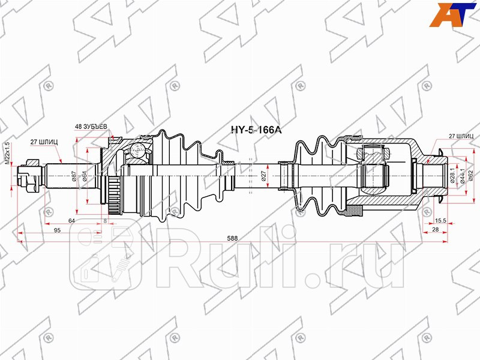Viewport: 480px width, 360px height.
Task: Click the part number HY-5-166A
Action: coord(256,129)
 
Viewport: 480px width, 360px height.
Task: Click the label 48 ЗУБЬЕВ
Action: coord(91,127)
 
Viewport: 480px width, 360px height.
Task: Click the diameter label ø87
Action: coord(74,176)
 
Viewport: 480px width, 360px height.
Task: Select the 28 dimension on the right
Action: coord(435,230)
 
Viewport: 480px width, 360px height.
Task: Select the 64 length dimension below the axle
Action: coord(72,221)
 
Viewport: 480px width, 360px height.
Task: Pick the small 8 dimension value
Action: coord(106,221)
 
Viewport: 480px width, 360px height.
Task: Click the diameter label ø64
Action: coord(85,176)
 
